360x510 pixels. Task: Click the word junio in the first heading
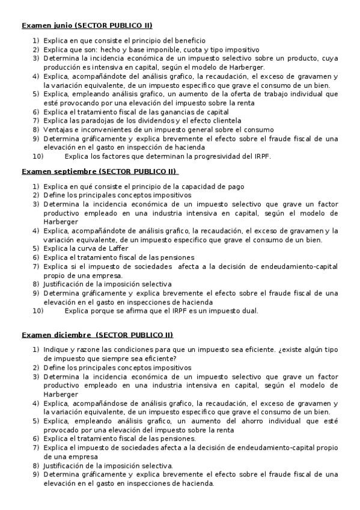pyautogui.click(x=58, y=25)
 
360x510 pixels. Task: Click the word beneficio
pyautogui.click(x=189, y=40)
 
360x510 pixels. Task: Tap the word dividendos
pyautogui.click(x=145, y=121)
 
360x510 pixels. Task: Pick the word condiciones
pyautogui.click(x=127, y=349)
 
